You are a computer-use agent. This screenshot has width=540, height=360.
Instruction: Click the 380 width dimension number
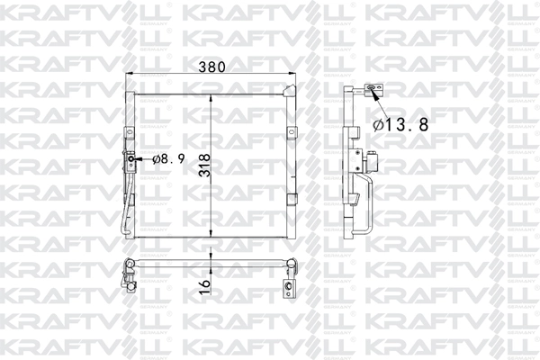click(212, 67)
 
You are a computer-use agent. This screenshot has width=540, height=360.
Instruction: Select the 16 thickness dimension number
click(205, 284)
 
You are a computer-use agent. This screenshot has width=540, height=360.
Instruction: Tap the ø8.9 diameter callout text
click(168, 159)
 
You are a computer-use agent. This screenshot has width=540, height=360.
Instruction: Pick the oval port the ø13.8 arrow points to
click(370, 88)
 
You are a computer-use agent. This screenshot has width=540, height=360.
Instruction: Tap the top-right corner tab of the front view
click(291, 88)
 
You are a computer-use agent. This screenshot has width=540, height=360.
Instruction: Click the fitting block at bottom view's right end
click(288, 288)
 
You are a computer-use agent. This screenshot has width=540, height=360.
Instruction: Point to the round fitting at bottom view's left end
click(129, 264)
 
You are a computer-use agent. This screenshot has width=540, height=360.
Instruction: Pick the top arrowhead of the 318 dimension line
click(211, 97)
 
